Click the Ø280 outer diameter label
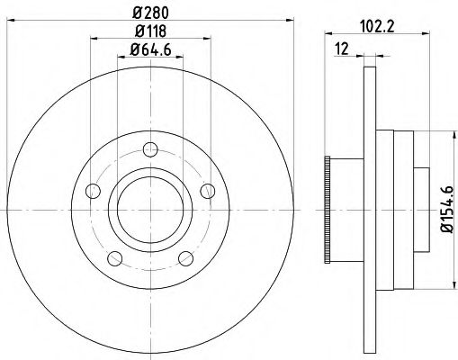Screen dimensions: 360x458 click(x=150, y=12)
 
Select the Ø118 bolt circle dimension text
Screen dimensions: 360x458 click(x=150, y=33)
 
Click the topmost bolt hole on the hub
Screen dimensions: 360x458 click(x=150, y=149)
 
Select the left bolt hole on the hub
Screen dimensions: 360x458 click(x=91, y=191)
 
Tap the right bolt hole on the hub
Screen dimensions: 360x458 click(x=208, y=190)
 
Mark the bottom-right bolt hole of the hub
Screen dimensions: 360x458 click(x=186, y=259)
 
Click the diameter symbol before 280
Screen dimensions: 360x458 click(x=134, y=12)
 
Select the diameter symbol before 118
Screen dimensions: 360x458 click(x=134, y=33)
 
